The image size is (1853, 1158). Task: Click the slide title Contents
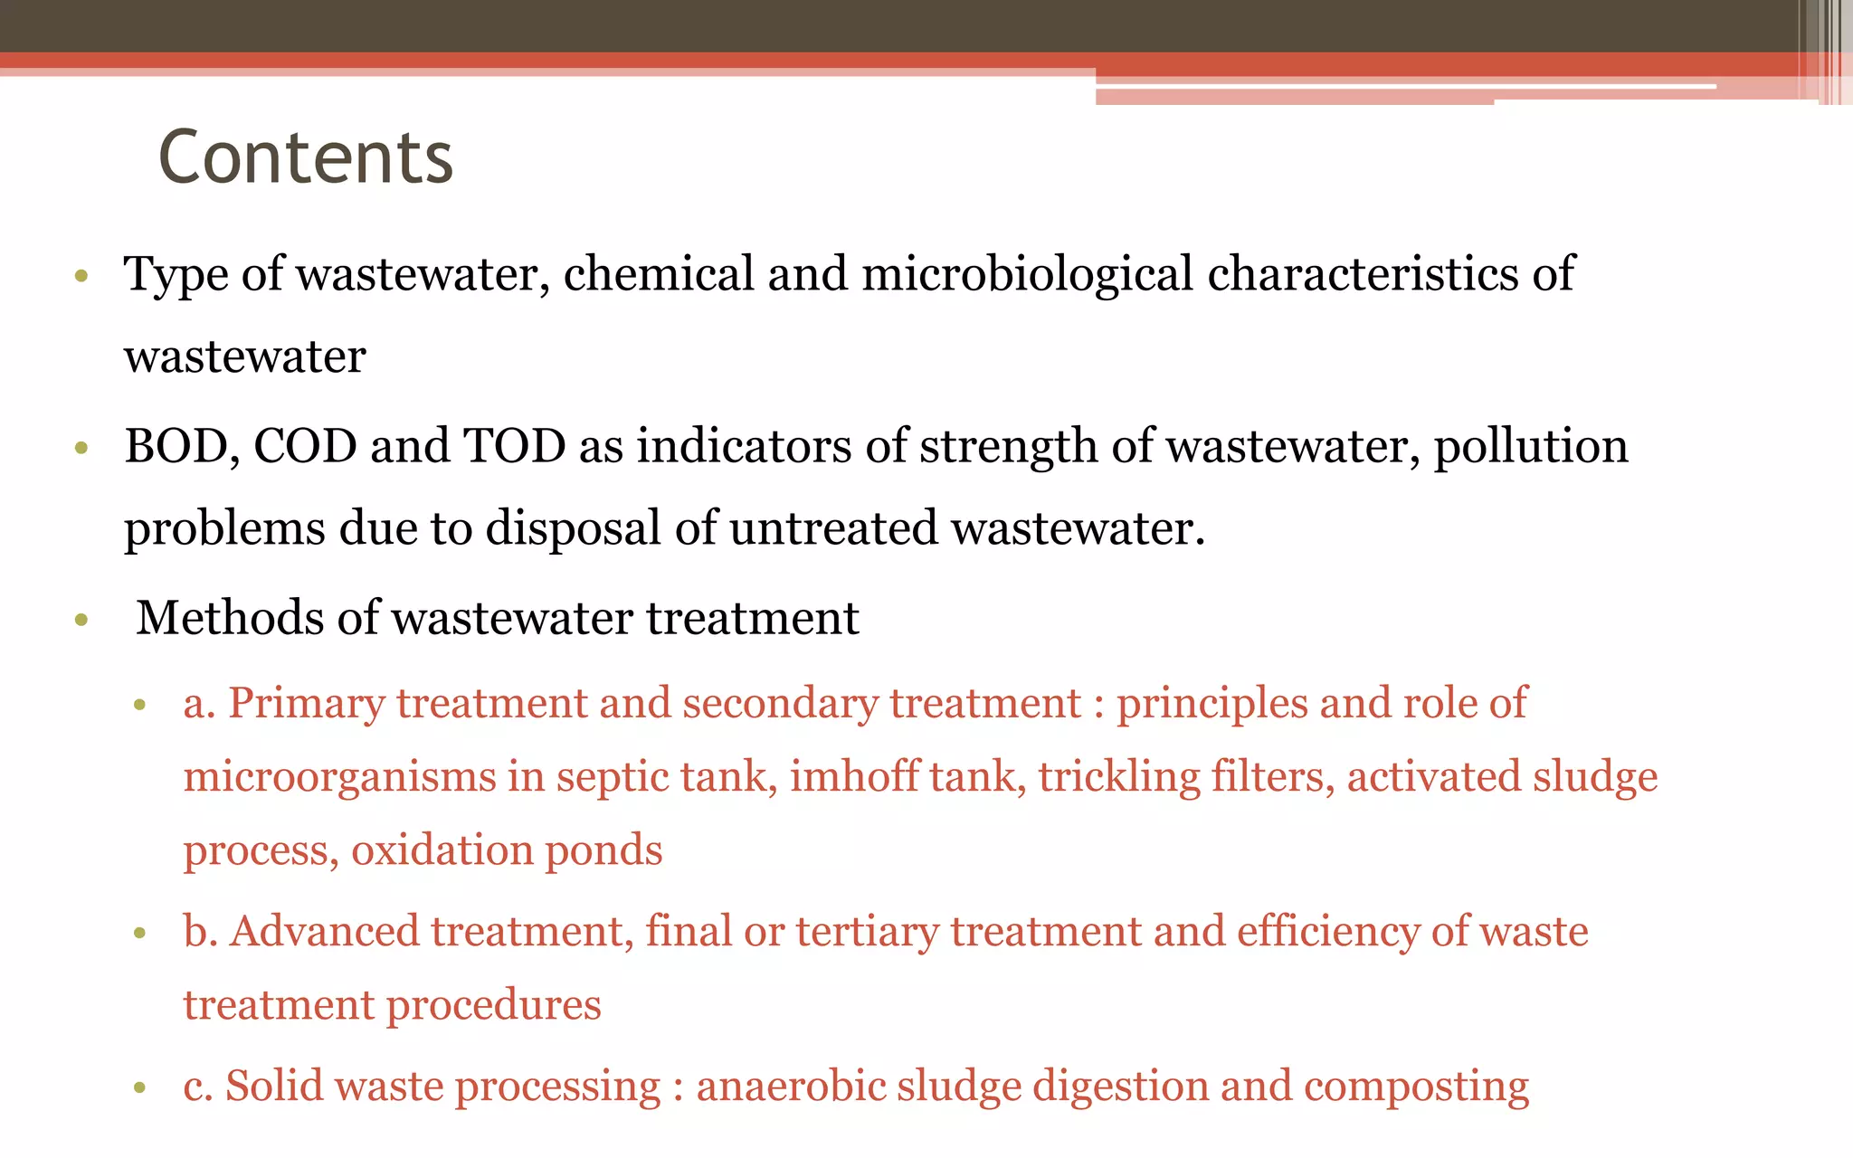(x=306, y=157)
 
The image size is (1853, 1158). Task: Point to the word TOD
(x=515, y=446)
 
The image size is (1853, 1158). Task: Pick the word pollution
(x=1531, y=446)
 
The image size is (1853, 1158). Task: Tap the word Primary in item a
(x=306, y=704)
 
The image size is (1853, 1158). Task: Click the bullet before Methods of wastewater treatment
(x=81, y=621)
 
